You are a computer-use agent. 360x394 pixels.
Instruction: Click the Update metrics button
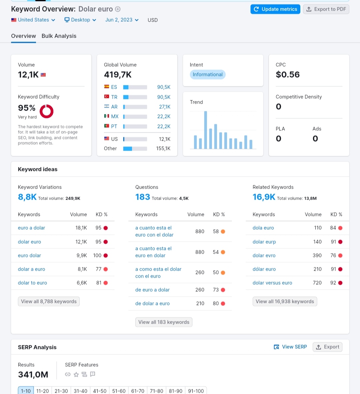point(275,9)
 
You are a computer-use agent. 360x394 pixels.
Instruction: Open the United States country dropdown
point(33,20)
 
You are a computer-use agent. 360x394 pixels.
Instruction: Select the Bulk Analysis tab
point(59,36)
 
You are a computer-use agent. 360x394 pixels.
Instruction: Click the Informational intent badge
point(208,74)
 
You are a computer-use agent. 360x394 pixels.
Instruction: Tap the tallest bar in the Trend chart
point(205,130)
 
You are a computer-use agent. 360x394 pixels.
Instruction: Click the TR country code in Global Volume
point(114,97)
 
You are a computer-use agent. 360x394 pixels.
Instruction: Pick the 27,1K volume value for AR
point(165,107)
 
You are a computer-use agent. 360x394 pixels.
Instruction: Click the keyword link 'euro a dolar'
point(31,228)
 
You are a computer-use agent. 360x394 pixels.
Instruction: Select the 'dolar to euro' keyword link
point(32,283)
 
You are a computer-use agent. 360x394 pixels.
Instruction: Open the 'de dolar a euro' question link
point(152,303)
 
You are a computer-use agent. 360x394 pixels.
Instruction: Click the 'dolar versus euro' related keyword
point(272,283)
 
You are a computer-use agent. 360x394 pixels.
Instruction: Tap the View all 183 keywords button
point(164,322)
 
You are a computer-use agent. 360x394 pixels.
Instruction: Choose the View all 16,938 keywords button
point(285,302)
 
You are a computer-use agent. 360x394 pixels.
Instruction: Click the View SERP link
point(290,347)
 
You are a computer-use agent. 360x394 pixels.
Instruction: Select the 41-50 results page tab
point(100,391)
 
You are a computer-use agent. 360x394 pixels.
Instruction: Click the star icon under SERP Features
point(76,375)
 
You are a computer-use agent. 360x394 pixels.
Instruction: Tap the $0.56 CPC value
point(288,74)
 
